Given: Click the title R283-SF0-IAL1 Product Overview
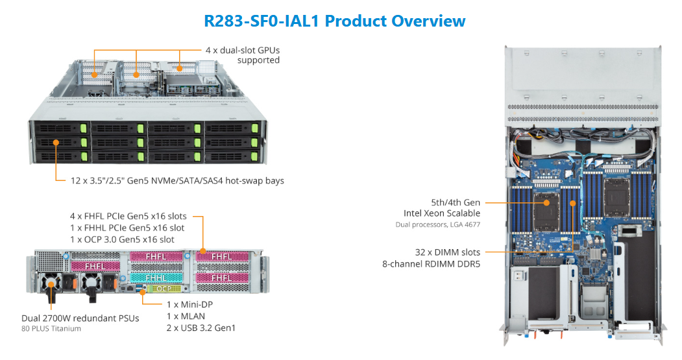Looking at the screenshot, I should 334,21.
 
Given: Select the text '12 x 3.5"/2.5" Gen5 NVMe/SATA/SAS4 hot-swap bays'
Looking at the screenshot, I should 177,180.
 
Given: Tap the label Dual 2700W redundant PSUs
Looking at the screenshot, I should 80,318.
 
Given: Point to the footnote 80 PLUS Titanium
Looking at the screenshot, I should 51,328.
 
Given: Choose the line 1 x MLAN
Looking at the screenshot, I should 186,316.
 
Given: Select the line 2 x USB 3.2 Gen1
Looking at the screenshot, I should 201,328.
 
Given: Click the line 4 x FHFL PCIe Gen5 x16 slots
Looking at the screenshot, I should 128,216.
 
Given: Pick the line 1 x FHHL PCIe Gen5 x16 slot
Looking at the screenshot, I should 127,228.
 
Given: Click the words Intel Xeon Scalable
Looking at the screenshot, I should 442,213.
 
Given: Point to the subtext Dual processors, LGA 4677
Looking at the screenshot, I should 438,224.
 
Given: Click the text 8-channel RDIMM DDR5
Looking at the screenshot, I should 432,263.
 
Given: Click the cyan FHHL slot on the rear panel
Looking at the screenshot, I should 156,277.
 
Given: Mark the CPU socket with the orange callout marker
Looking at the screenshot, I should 547,203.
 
